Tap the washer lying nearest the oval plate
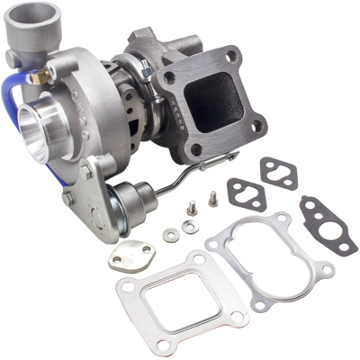click(170, 236)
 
